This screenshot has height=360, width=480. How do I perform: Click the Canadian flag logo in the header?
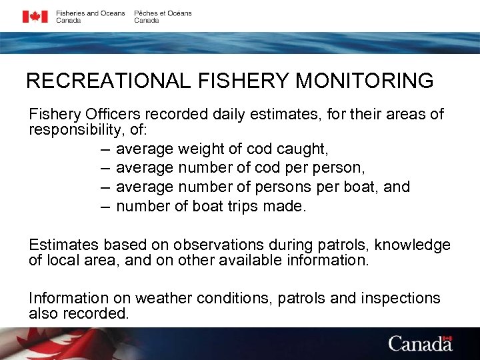(35, 17)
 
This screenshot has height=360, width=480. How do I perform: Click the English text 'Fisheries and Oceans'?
(90, 13)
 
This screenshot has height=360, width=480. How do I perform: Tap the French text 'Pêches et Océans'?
(163, 13)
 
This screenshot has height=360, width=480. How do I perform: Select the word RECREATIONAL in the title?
(109, 81)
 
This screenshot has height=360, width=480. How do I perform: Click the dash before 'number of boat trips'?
(105, 206)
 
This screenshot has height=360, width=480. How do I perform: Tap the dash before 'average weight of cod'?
(105, 148)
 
